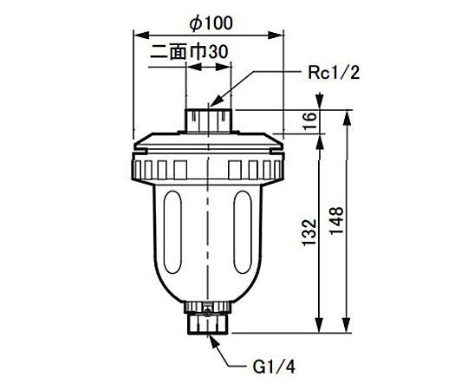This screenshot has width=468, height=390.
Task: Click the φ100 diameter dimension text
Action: (x=211, y=23)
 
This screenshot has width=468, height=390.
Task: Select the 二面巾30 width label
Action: (x=189, y=52)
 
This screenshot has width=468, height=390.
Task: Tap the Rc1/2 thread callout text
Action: (x=334, y=73)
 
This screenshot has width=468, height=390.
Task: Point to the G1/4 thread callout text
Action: (x=274, y=367)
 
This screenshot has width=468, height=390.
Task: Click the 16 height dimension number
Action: (x=310, y=120)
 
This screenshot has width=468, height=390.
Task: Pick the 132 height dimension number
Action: (x=309, y=233)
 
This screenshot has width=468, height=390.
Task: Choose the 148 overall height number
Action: (x=337, y=221)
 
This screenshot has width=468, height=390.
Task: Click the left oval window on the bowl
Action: (x=172, y=232)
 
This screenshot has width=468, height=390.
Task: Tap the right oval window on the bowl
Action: (x=243, y=232)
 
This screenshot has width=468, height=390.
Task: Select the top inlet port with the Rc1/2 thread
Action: (x=208, y=120)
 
